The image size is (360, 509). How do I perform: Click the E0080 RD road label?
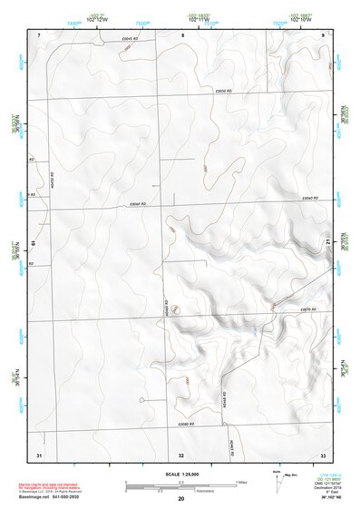pyautogui.click(x=187, y=424)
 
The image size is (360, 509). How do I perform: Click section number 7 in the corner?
pyautogui.click(x=39, y=34)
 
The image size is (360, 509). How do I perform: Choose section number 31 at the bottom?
pyautogui.click(x=39, y=453)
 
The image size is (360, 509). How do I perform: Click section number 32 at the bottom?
pyautogui.click(x=181, y=453)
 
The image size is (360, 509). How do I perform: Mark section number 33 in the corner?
pyautogui.click(x=322, y=453)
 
